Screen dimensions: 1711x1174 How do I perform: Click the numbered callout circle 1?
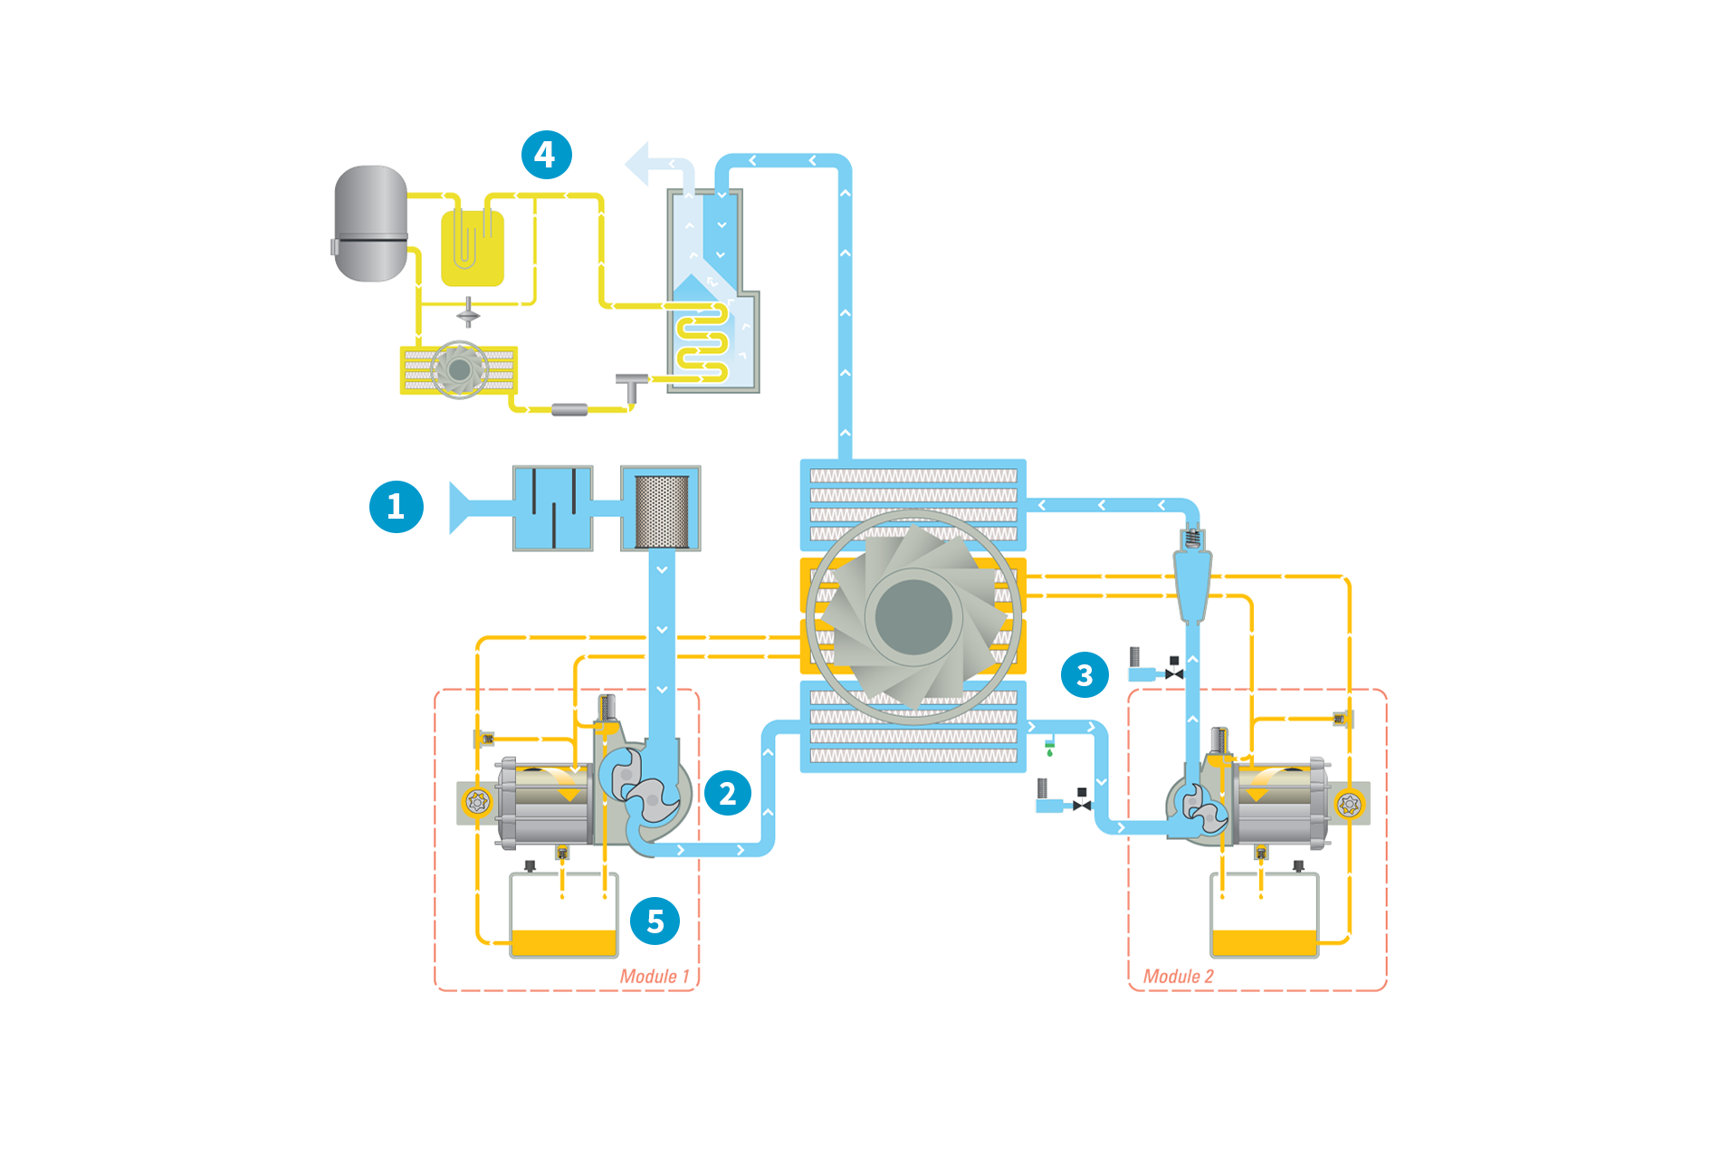[x=396, y=506]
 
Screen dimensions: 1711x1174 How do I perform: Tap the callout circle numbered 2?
[x=727, y=793]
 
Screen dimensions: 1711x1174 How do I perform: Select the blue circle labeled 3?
[x=1085, y=674]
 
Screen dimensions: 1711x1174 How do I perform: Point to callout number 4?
[x=546, y=155]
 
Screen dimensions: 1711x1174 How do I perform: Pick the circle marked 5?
[x=655, y=921]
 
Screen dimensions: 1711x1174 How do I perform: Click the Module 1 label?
[x=655, y=976]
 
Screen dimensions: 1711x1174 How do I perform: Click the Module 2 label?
[x=1178, y=976]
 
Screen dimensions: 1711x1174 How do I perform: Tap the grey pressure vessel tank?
[x=370, y=224]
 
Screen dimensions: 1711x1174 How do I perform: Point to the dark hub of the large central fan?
[x=913, y=616]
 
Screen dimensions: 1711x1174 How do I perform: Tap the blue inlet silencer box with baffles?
[x=552, y=508]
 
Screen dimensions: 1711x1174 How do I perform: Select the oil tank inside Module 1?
[x=564, y=914]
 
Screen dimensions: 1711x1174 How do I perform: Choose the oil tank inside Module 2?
[x=1265, y=914]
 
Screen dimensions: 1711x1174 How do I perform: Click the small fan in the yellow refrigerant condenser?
[x=460, y=369]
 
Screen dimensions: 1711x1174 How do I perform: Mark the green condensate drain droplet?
[x=1049, y=752]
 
